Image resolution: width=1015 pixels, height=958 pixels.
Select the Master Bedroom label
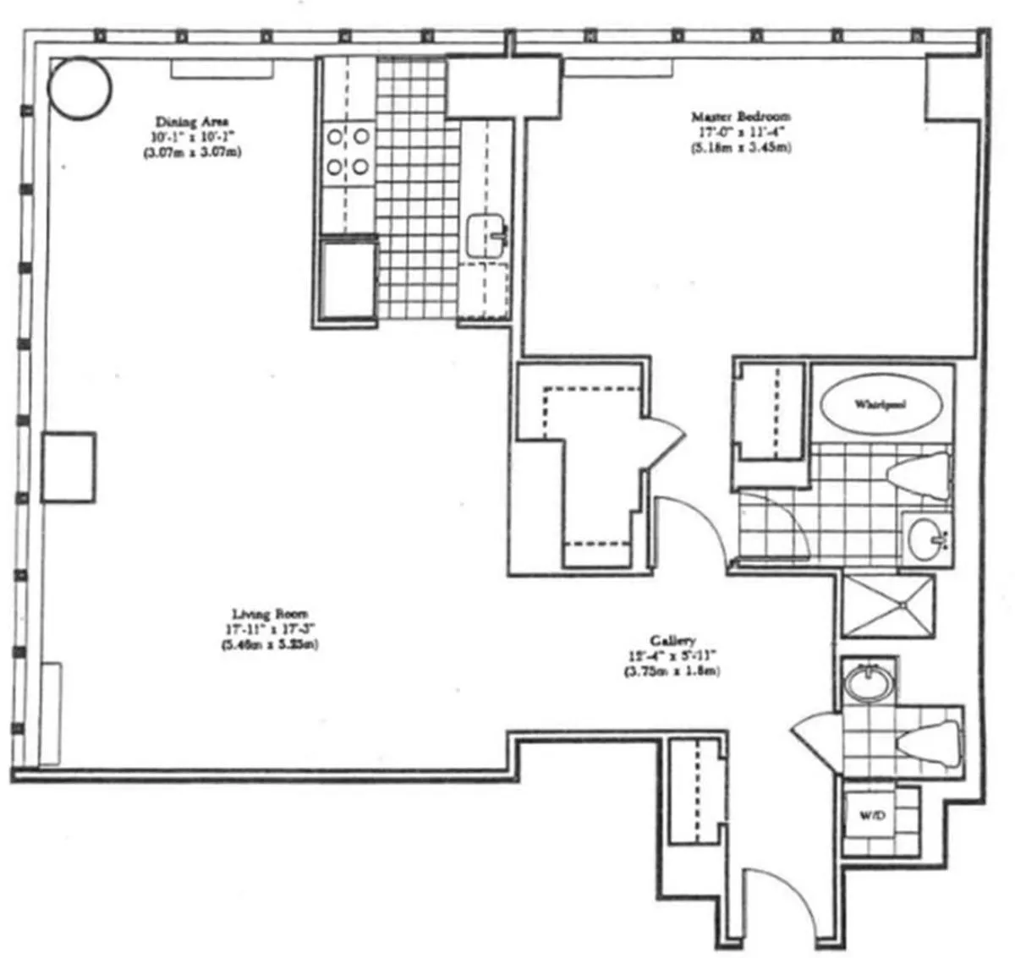(740, 117)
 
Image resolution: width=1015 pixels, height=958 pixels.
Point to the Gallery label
(672, 640)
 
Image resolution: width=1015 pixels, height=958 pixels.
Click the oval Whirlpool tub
(880, 404)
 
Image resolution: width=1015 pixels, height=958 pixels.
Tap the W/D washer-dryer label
(871, 816)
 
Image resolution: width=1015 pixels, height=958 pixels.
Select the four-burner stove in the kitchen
(348, 151)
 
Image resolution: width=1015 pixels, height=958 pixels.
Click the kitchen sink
(486, 233)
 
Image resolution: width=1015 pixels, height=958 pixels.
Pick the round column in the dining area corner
(79, 87)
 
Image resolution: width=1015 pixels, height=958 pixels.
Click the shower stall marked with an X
(888, 605)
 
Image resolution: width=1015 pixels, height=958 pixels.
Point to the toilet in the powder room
(929, 744)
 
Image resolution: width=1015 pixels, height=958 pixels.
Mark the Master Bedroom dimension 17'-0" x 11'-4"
(740, 132)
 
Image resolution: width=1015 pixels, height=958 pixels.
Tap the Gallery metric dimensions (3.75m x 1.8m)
(672, 671)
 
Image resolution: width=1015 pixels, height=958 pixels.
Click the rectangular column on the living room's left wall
(68, 467)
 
